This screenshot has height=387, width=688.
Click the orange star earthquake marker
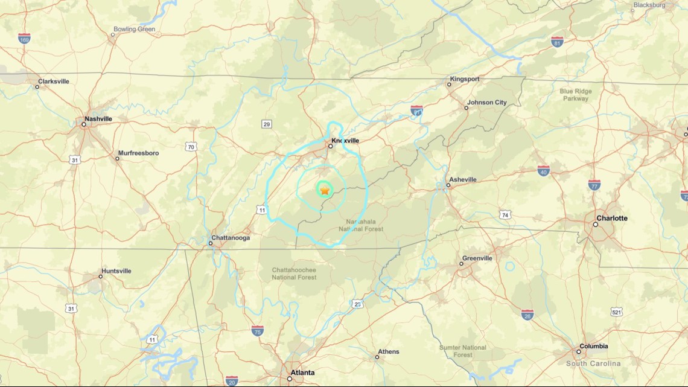coord(325,191)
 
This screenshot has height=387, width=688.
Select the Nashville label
coord(98,119)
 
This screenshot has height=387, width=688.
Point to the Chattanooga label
coord(231,238)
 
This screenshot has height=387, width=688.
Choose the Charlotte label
coord(611,218)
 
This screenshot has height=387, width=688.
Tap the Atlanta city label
coord(302,373)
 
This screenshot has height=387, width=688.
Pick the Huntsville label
coord(116,271)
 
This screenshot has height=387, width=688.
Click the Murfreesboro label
coord(138,153)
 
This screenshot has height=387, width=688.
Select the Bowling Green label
coord(134,29)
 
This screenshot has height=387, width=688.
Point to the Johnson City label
coord(486,103)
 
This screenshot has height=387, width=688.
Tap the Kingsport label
coord(464,79)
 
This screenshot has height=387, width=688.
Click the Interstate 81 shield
coord(557,42)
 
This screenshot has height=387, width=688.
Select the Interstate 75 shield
coord(257,330)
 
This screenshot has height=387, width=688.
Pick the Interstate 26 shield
coord(527,314)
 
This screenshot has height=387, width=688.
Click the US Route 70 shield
coord(191,147)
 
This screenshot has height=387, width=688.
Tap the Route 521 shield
coord(616,312)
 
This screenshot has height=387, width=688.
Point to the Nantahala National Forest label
coord(361,225)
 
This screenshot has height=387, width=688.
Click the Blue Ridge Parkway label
coord(575,95)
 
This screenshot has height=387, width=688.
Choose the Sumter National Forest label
coord(463,351)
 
